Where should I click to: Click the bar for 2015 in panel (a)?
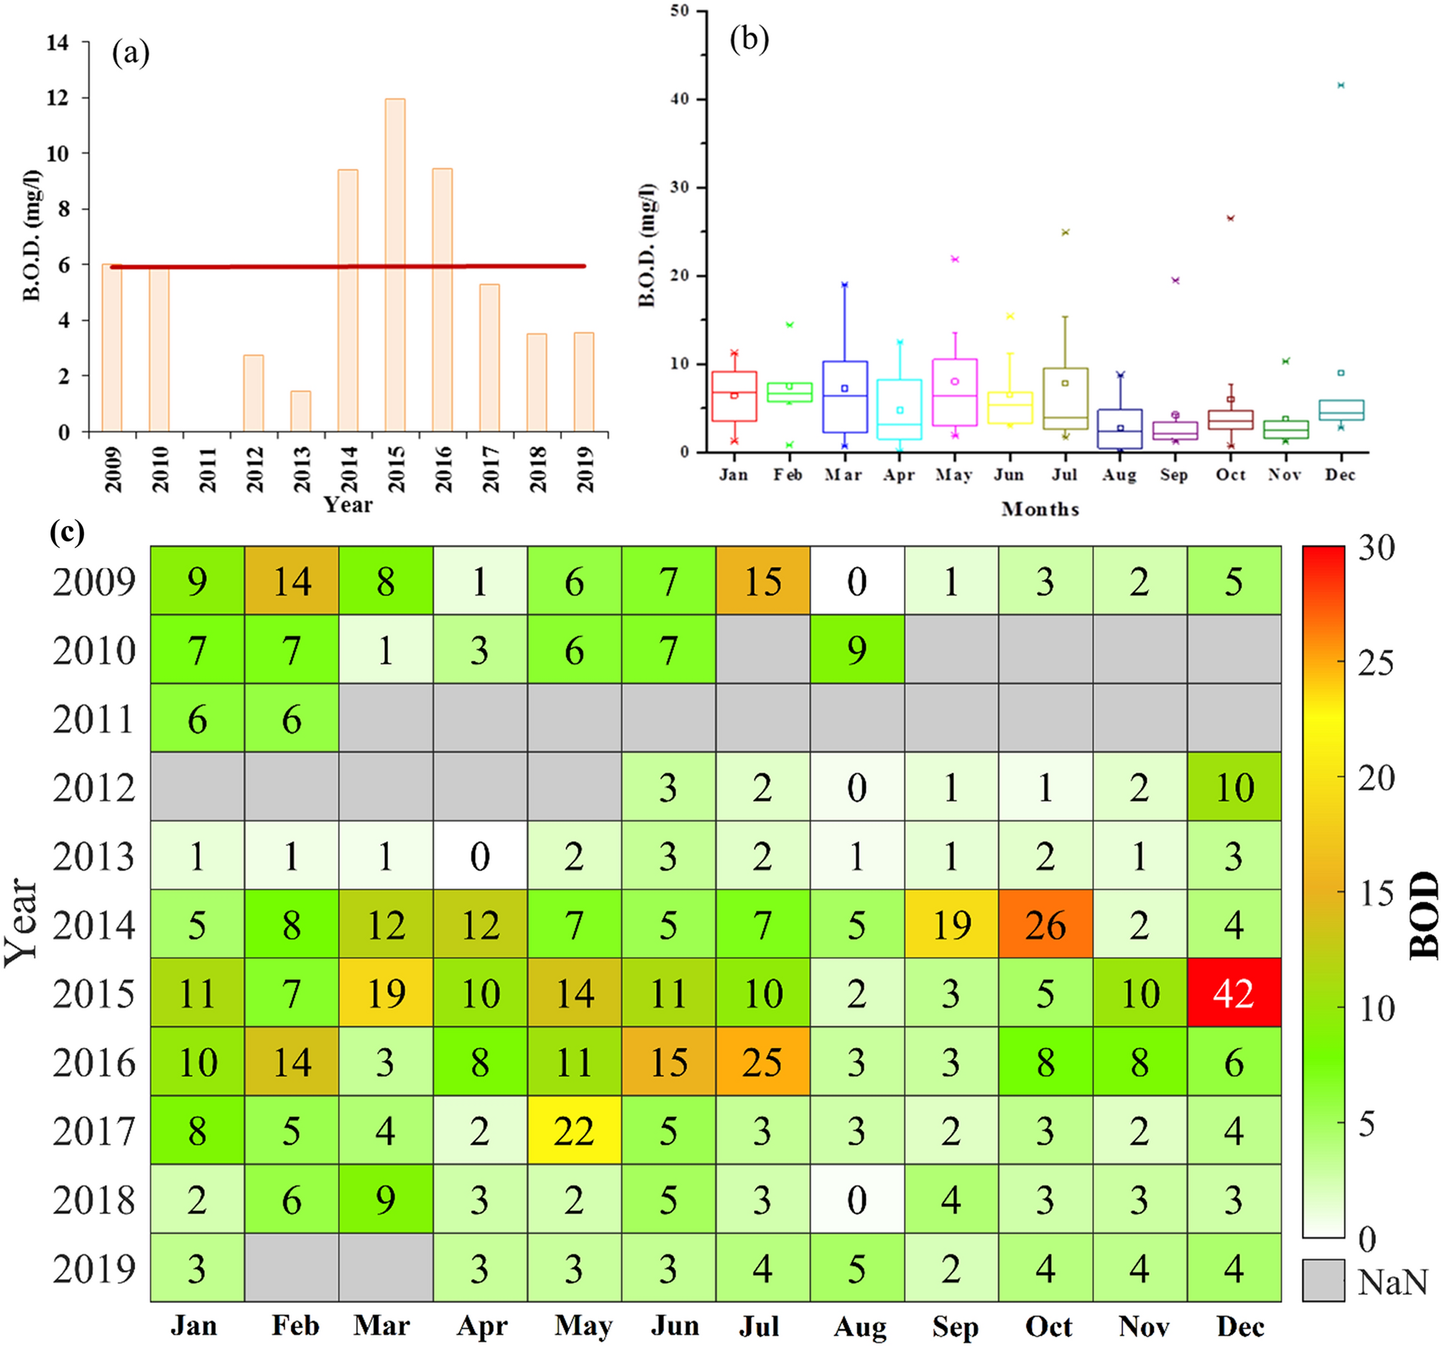(x=394, y=265)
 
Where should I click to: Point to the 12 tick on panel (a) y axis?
(x=58, y=97)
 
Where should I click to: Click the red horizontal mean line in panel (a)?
(x=348, y=267)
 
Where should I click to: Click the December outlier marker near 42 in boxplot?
(x=1341, y=86)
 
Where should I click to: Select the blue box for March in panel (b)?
(x=844, y=396)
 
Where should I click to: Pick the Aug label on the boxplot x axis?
(x=1119, y=474)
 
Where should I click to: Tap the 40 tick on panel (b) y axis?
(x=680, y=98)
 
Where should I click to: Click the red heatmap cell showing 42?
(x=1233, y=992)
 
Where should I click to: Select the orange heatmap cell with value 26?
(x=1045, y=924)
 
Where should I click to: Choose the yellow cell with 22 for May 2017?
(x=574, y=1130)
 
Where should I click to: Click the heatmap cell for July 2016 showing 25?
(x=762, y=1061)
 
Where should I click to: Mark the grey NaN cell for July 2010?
(x=762, y=650)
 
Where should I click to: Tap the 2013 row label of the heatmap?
(x=93, y=856)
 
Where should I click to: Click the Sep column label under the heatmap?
(x=955, y=1325)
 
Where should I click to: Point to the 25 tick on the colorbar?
(x=1375, y=662)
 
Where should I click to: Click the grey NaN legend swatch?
(x=1323, y=1280)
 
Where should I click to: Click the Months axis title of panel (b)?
(x=1040, y=509)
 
